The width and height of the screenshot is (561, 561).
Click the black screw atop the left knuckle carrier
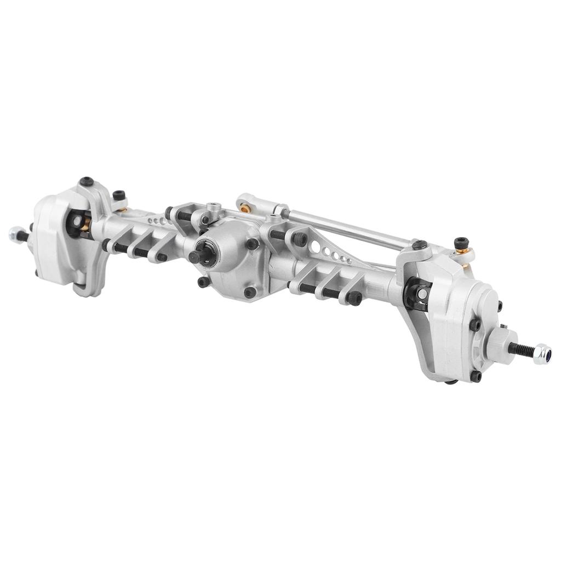(85, 181)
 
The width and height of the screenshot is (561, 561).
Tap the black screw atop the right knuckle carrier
(419, 245)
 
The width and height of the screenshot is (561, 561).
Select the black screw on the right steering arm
(462, 243)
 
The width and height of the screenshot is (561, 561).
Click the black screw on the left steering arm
(119, 194)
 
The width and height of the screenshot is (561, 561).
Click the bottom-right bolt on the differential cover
(250, 292)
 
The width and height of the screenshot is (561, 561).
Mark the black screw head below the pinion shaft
(203, 282)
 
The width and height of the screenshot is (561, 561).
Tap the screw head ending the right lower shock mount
(354, 299)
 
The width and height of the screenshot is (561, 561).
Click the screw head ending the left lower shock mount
(162, 256)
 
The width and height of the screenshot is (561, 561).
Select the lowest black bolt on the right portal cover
(476, 376)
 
